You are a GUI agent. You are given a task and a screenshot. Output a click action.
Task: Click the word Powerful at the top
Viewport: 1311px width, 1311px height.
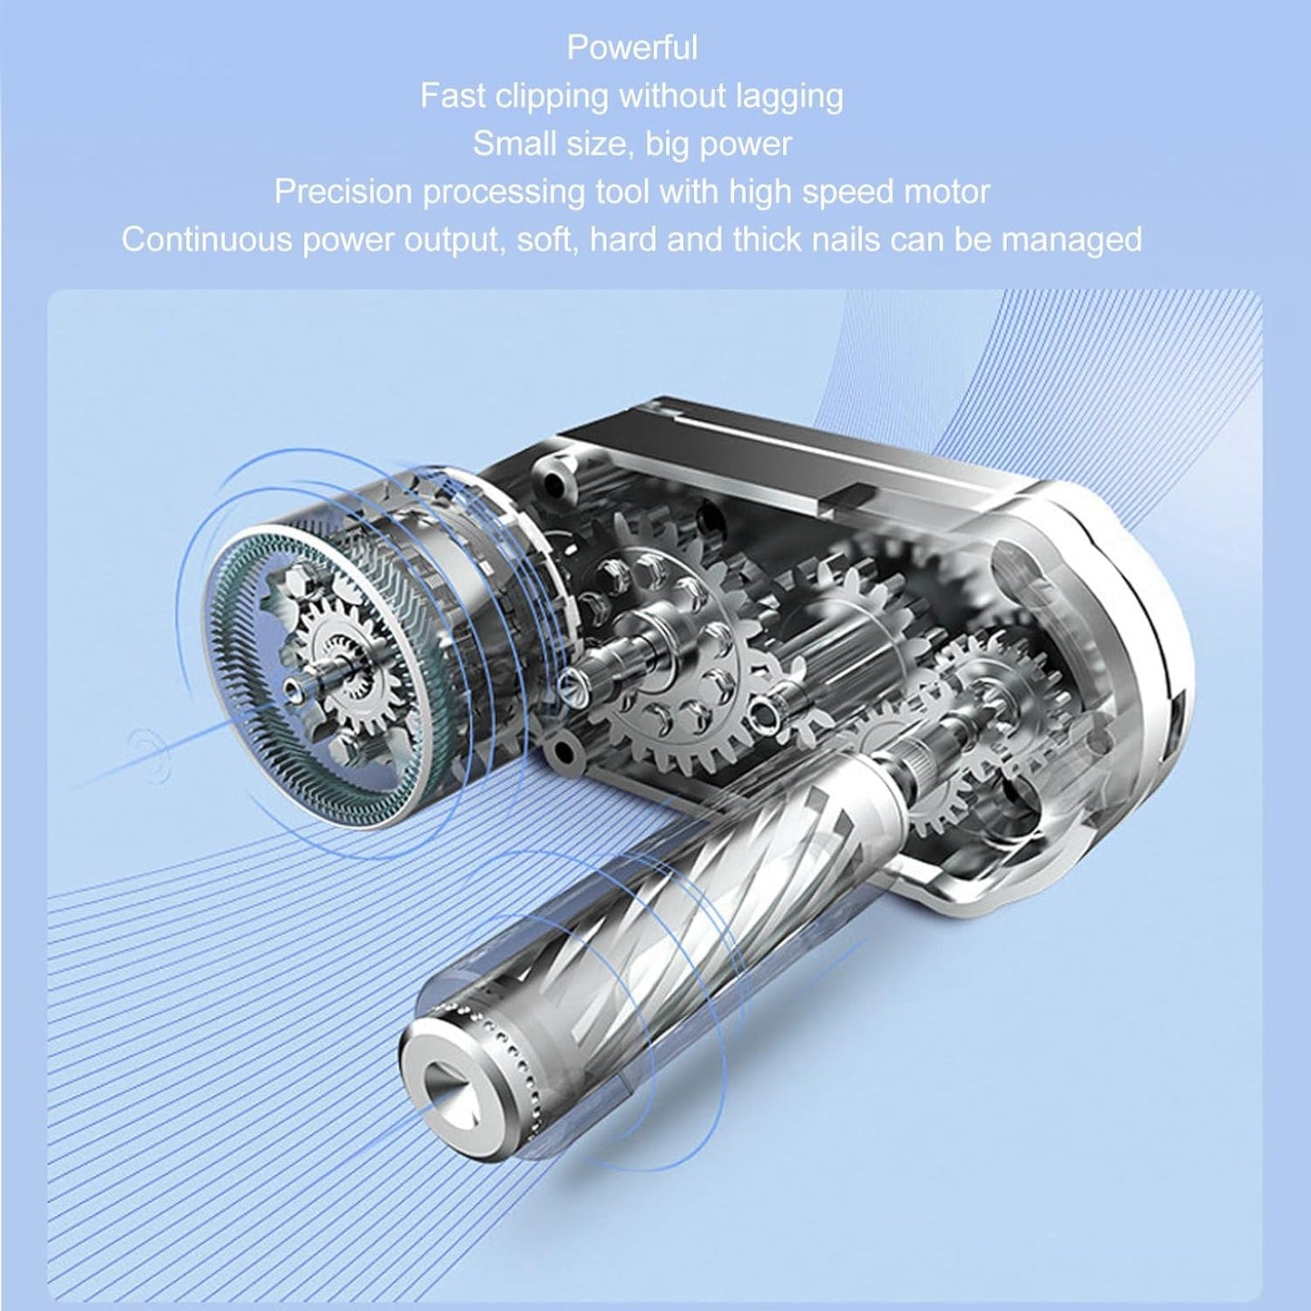(632, 48)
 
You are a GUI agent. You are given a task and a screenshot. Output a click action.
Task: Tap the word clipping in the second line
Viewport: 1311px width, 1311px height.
(551, 97)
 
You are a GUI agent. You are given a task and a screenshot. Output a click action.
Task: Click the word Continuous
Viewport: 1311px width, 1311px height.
(207, 240)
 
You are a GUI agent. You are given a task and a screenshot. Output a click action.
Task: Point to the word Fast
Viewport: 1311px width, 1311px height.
(452, 96)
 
